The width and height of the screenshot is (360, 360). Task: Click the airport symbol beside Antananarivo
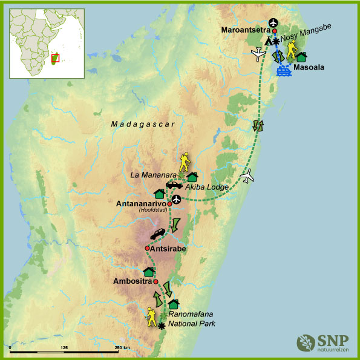[x=176, y=199]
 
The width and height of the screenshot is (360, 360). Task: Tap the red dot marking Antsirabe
[x=147, y=248]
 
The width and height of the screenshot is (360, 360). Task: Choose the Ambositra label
[x=133, y=281]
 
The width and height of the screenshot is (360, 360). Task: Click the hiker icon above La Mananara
[x=184, y=162]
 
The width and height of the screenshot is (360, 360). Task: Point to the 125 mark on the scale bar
[x=65, y=347]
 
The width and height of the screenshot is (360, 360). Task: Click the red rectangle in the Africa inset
[x=55, y=58]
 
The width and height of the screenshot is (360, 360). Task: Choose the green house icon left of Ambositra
[x=148, y=272]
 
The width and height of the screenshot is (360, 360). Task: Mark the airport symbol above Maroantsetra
[x=273, y=22]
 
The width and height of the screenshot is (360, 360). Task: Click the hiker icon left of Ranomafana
[x=151, y=315]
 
